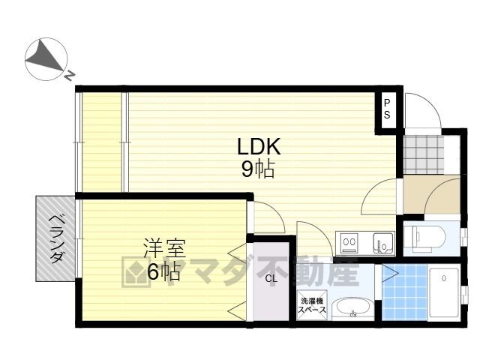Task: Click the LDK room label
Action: click(x=259, y=146)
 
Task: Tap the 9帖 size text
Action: click(x=258, y=169)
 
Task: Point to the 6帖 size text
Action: click(x=163, y=271)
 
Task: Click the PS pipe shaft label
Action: click(x=387, y=109)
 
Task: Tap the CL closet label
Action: click(x=271, y=278)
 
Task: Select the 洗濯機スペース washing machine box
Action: click(x=312, y=305)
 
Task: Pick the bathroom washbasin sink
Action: click(x=352, y=310)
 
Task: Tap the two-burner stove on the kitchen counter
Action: click(x=350, y=242)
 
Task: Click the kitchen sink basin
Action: click(x=383, y=243)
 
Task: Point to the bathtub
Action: click(x=443, y=292)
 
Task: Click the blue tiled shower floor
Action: click(x=404, y=292)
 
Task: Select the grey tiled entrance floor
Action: click(x=423, y=155)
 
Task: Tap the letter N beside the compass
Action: click(x=69, y=75)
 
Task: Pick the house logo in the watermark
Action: click(x=136, y=271)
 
